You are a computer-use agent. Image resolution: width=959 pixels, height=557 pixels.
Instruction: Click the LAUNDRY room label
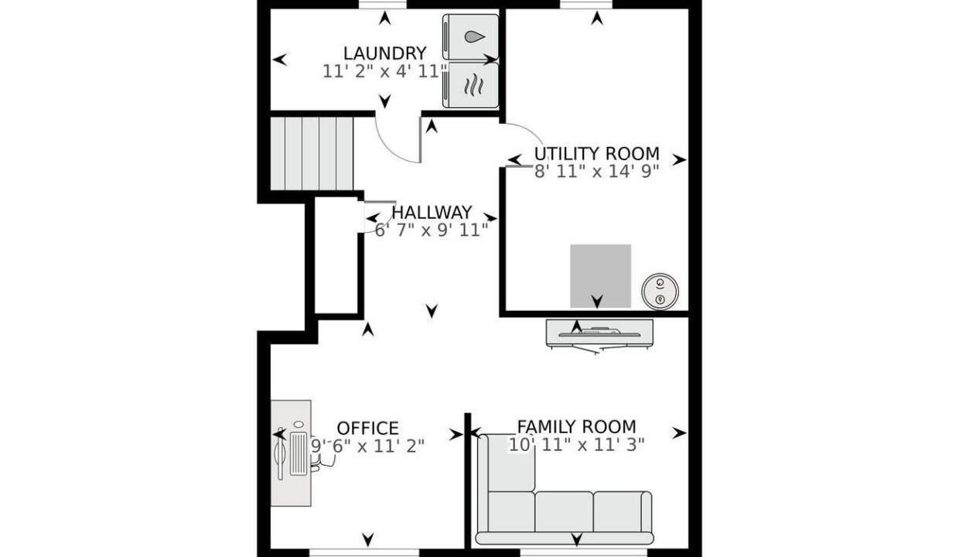(385, 53)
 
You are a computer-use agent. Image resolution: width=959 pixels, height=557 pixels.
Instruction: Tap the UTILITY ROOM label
(597, 154)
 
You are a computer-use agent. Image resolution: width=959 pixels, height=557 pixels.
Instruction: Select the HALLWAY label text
(432, 212)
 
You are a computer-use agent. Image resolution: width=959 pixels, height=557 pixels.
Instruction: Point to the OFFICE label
(368, 428)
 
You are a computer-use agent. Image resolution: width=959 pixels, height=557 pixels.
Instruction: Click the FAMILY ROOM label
(577, 427)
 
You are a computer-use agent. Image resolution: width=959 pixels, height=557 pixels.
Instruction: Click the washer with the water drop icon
(470, 37)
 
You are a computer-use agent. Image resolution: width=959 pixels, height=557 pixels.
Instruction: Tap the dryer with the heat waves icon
(470, 85)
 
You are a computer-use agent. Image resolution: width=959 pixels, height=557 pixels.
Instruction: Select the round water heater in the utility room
(660, 292)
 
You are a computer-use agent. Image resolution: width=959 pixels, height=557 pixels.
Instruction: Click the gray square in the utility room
(600, 275)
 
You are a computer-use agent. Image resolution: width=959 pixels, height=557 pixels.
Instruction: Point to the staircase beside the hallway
(312, 153)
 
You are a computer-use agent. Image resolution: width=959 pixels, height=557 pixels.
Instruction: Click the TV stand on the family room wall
(599, 333)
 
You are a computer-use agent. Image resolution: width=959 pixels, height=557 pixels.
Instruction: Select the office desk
(291, 453)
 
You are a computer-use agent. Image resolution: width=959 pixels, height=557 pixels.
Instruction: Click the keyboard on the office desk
(298, 454)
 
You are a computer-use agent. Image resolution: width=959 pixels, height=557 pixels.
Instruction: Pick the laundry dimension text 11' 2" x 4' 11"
(385, 71)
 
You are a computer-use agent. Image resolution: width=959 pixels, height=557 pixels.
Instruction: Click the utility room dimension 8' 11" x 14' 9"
(596, 172)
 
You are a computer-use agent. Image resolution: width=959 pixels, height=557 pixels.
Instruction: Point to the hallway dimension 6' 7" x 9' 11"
(432, 231)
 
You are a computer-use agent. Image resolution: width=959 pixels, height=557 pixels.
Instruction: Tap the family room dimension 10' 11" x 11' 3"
(576, 445)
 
